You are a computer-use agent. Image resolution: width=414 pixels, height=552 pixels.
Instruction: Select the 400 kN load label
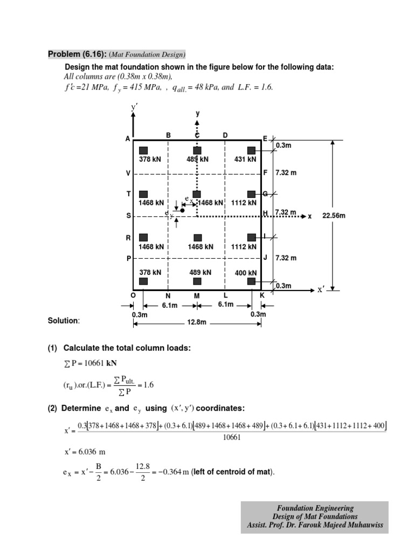[x=245, y=273]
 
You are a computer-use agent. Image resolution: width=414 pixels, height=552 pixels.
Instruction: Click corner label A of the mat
[x=128, y=139]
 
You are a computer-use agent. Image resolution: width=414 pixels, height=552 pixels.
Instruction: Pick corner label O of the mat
[x=133, y=295]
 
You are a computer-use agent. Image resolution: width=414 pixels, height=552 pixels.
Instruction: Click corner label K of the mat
[x=262, y=295]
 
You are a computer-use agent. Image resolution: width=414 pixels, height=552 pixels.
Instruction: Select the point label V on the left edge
[x=128, y=174]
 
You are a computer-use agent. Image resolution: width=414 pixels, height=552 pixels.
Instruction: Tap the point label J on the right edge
[x=265, y=258]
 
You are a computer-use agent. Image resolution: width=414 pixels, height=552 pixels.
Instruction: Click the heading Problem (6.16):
[x=77, y=54]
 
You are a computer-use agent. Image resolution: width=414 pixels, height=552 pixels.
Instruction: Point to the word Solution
[x=64, y=321]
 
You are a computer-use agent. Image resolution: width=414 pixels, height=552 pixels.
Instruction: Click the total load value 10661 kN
[x=87, y=363]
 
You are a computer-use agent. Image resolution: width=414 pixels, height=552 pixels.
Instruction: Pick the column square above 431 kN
[x=251, y=150]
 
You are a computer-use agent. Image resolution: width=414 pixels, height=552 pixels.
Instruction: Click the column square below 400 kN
[x=251, y=281]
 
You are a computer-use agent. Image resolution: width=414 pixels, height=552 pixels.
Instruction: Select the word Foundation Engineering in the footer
[x=315, y=508]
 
